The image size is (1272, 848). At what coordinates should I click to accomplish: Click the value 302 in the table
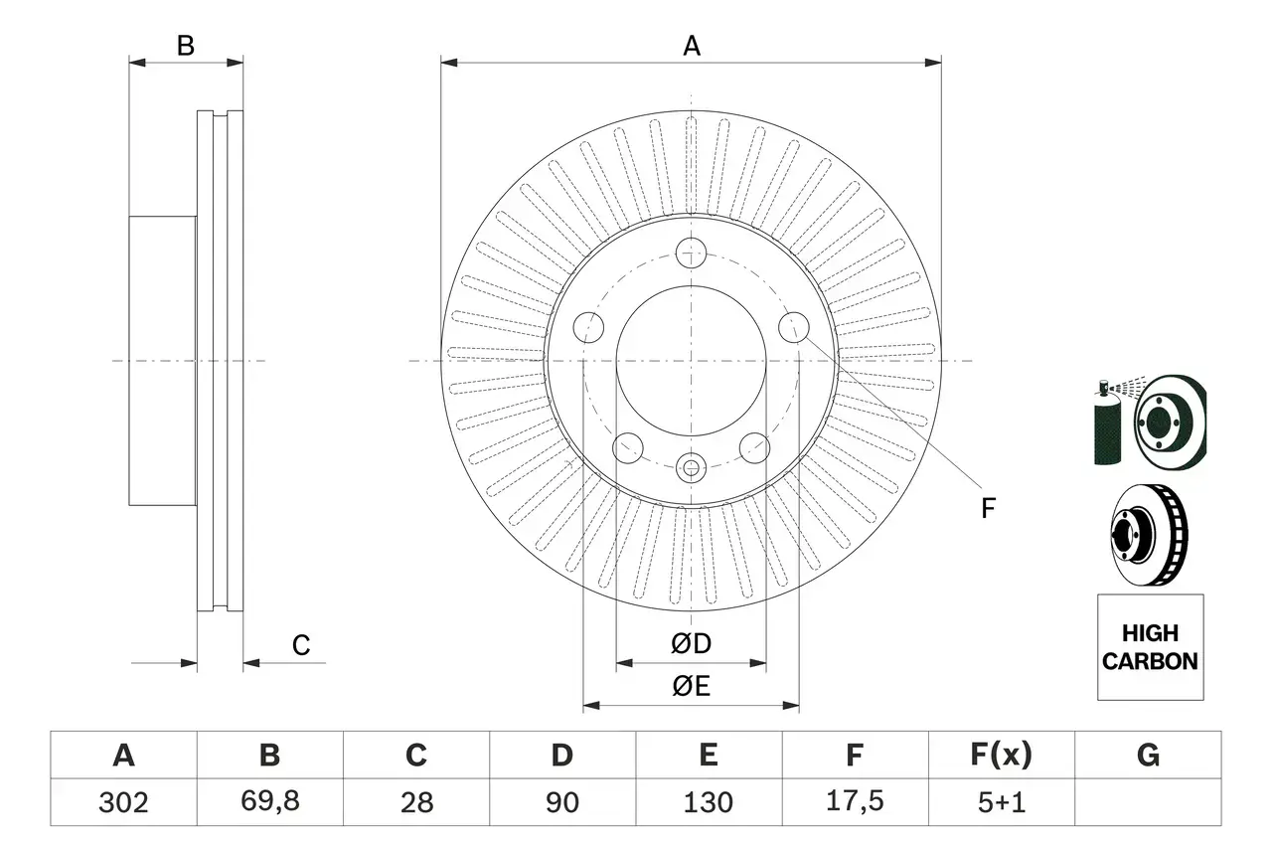coord(124,802)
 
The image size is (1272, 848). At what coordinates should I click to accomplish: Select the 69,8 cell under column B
coord(269,802)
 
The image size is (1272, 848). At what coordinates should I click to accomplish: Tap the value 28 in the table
coord(415,802)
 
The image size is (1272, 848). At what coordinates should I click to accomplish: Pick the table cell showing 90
coord(562,802)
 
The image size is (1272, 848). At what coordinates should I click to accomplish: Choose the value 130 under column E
coord(709,802)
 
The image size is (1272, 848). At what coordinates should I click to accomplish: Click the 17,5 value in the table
coord(854,802)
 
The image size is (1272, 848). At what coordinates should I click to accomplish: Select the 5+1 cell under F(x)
coord(1001,802)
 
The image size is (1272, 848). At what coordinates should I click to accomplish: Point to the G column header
coord(1148,757)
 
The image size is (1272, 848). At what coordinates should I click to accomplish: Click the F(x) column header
coord(1001,757)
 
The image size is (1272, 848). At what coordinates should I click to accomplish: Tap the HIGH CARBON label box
coord(1150,647)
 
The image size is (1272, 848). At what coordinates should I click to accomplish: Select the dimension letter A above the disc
coord(692,46)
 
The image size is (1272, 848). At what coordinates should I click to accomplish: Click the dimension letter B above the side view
coord(186,46)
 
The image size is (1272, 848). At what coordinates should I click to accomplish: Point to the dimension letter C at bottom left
coord(301,645)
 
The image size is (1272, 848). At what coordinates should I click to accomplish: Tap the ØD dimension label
coord(692,644)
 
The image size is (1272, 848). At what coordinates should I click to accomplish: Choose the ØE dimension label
coord(692,686)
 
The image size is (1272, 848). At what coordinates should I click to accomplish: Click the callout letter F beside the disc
coord(987,508)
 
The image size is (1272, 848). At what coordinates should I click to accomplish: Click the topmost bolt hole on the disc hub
coord(691,254)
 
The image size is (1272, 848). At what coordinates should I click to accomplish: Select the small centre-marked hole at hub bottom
coord(691,465)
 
